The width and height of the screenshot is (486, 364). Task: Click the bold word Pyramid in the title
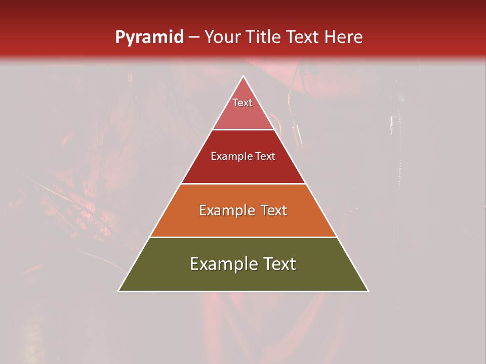click(149, 37)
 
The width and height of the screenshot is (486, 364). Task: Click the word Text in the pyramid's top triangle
click(242, 103)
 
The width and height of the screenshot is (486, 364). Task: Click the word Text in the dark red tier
click(266, 157)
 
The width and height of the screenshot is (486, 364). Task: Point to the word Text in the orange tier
click(273, 210)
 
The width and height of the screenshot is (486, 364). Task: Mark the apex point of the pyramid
click(243, 77)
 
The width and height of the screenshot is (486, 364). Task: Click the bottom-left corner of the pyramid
click(119, 291)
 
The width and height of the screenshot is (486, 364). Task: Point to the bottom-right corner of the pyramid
click(368, 291)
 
